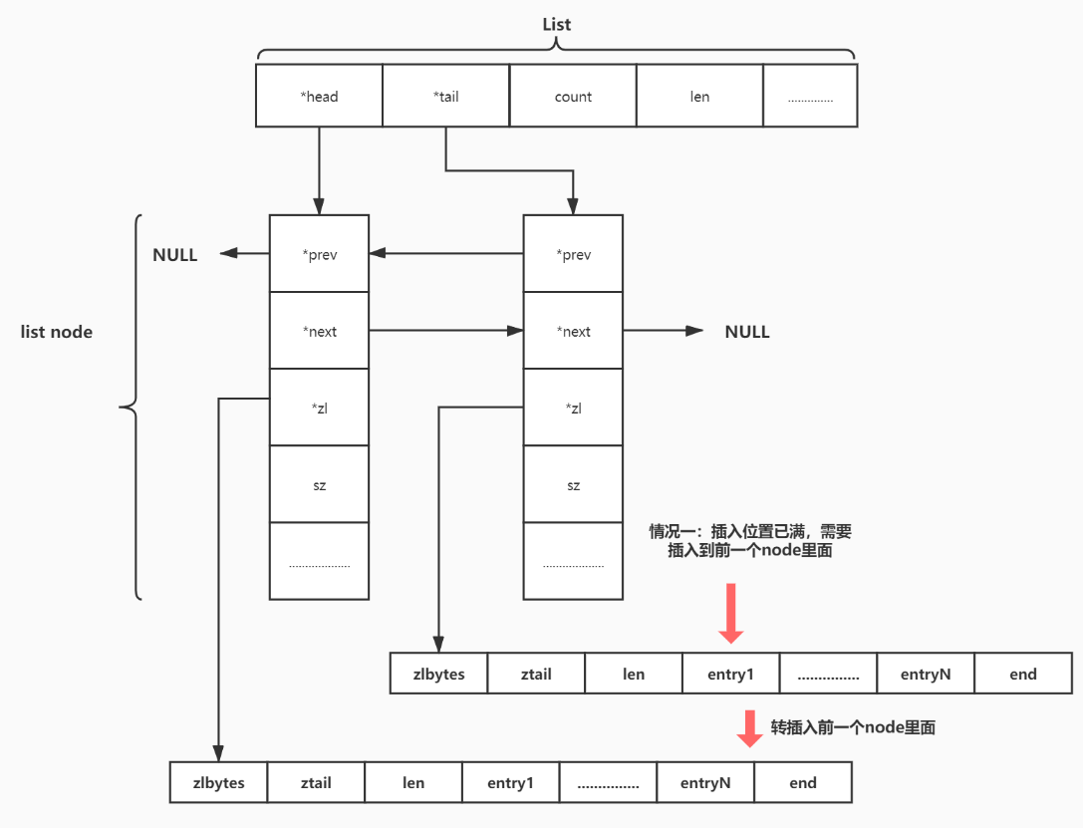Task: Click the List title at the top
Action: (556, 24)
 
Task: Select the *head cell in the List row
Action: (319, 97)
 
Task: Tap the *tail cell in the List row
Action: (445, 97)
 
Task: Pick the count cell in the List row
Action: (573, 97)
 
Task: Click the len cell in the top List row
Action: (699, 97)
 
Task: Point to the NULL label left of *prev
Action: (175, 255)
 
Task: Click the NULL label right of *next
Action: (747, 332)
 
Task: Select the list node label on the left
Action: (57, 332)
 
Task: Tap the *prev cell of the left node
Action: (319, 254)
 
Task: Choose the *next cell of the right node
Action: (573, 332)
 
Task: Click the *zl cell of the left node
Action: (319, 409)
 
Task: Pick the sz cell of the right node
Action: (573, 485)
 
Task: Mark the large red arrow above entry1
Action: (731, 614)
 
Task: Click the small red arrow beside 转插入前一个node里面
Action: (748, 728)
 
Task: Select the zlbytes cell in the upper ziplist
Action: (439, 674)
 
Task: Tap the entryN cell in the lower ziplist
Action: (705, 783)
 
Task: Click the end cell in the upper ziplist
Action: (1023, 674)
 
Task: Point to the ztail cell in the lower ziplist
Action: (316, 783)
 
